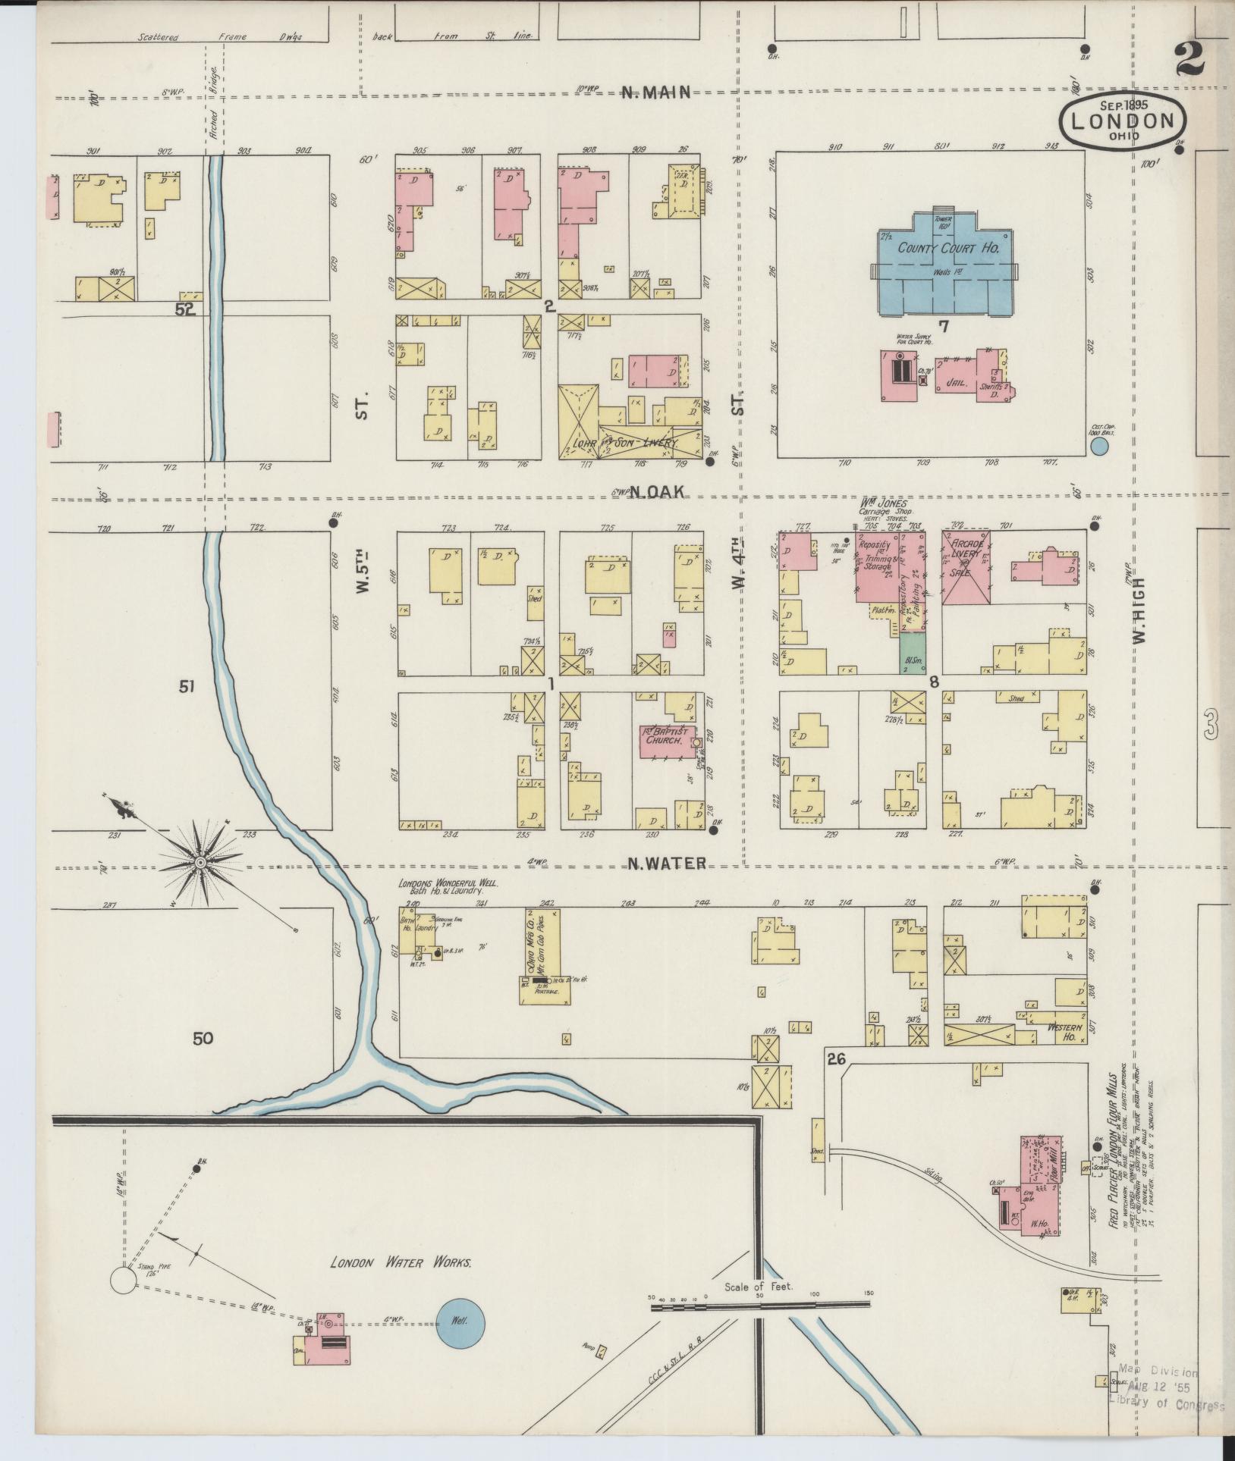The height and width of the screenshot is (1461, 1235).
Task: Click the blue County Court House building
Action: point(945,262)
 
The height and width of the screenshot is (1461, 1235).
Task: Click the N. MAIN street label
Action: point(656,92)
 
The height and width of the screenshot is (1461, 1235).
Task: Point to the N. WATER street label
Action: point(667,863)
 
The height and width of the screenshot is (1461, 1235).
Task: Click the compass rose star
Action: point(200,863)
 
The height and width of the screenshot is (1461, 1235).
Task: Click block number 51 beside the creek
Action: point(187,687)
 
